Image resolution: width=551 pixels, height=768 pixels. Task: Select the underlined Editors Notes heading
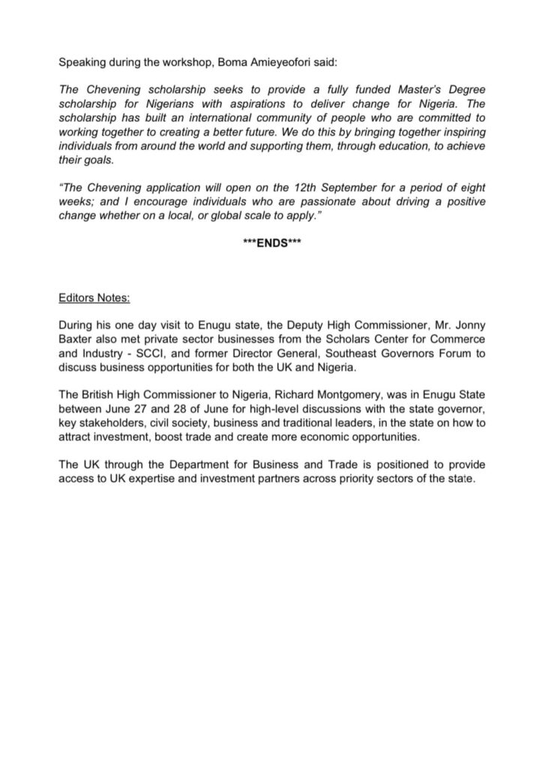pos(94,297)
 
